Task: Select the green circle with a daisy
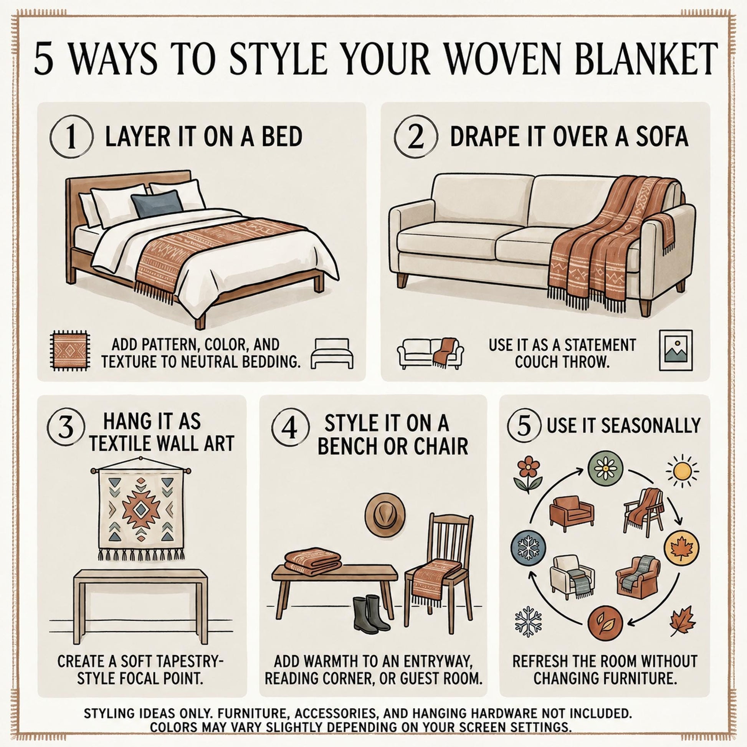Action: point(605,469)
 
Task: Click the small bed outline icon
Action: point(332,354)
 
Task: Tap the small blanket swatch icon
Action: point(70,351)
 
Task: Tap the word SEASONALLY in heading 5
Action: point(651,426)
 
